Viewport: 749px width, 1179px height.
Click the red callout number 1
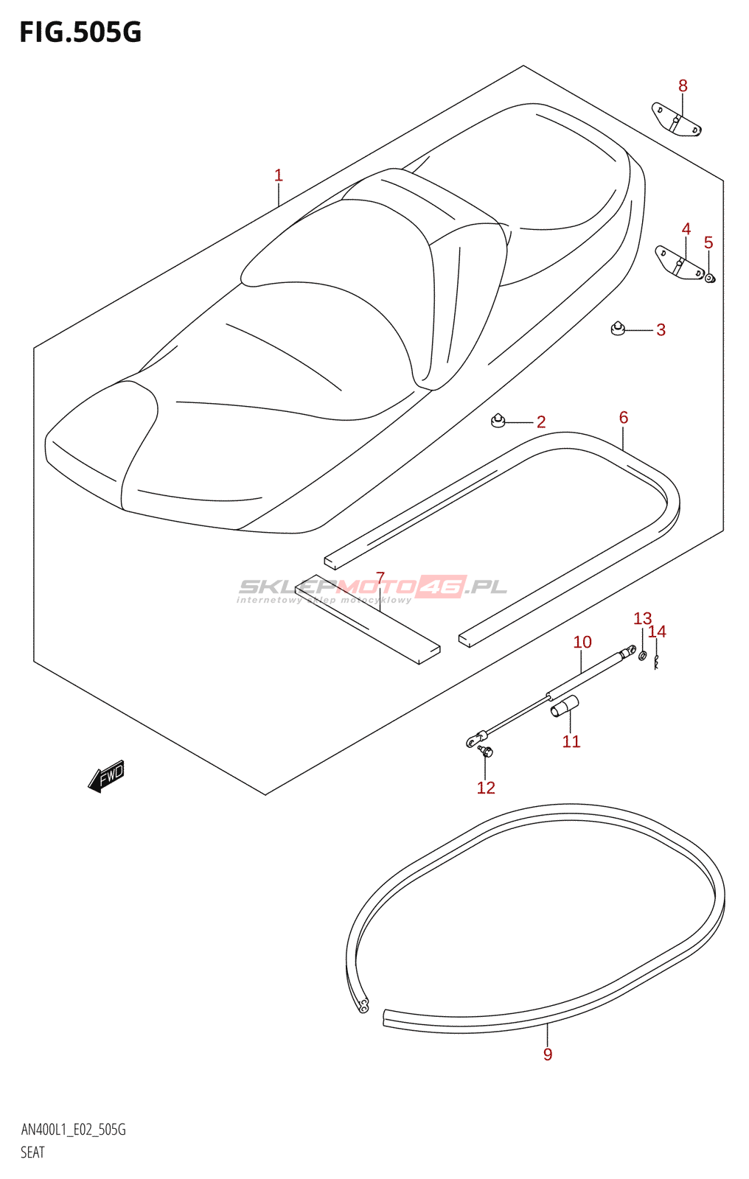[279, 175]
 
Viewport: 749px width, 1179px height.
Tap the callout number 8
[683, 86]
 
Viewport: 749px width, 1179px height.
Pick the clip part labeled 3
[619, 327]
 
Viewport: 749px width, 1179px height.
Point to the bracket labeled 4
[680, 264]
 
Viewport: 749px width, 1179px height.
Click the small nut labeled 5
[710, 278]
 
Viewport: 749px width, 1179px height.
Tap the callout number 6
[624, 418]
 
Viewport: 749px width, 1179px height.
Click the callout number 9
[548, 1054]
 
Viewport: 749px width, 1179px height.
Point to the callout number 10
[582, 643]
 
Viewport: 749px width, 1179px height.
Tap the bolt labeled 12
[485, 751]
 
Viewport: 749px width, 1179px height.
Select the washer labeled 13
[642, 655]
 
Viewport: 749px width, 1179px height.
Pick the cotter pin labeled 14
[656, 662]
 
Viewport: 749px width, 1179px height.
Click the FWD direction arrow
[107, 776]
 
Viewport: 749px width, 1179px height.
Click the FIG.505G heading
[80, 32]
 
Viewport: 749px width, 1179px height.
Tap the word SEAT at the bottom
[32, 1152]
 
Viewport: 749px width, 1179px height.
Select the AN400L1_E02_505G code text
[74, 1130]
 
